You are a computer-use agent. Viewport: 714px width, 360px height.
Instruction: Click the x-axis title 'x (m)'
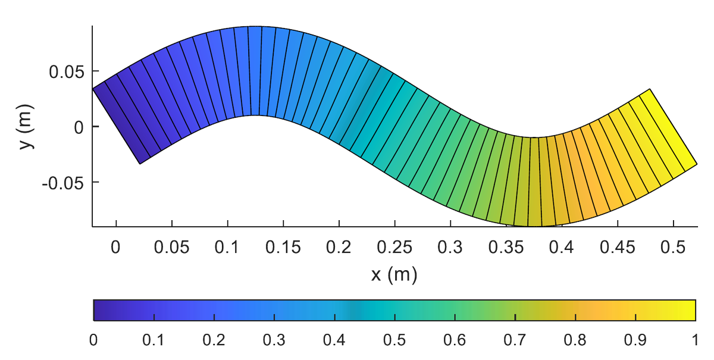pos(394,274)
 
